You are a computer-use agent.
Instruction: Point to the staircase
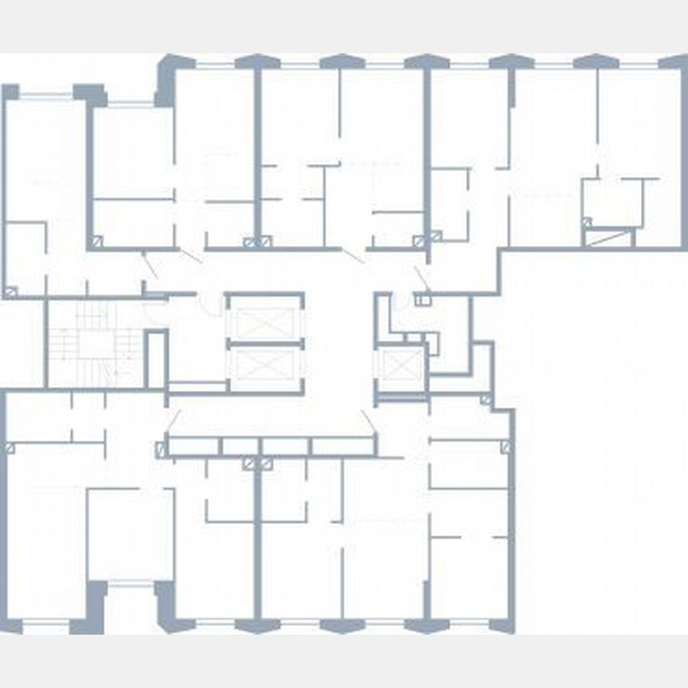(95, 345)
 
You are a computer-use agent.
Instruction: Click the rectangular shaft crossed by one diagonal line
(609, 237)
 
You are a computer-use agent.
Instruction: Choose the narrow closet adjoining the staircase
(155, 359)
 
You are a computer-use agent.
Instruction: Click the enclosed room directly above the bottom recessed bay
(130, 534)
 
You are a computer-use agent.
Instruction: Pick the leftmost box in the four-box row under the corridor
(193, 447)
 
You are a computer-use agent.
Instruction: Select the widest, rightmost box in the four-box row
(342, 447)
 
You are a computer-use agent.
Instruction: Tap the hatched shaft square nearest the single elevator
(436, 236)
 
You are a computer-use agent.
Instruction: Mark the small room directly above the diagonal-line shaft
(612, 202)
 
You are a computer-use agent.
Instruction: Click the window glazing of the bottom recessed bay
(131, 585)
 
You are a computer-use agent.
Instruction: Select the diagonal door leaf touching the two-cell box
(421, 278)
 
